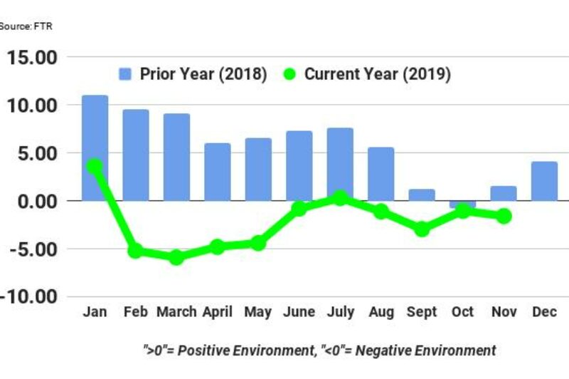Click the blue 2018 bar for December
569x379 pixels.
[x=544, y=181]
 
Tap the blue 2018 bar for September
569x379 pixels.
[x=422, y=194]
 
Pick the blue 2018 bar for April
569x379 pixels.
[x=217, y=172]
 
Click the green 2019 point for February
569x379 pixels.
[x=135, y=251]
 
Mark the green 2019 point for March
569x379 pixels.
[x=176, y=257]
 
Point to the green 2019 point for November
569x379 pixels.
[x=504, y=216]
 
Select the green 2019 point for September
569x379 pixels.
[x=422, y=229]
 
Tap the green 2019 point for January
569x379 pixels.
[x=95, y=166]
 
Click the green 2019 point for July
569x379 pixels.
[x=340, y=197]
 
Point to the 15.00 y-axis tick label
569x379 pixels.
[x=33, y=57]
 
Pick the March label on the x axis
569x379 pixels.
[x=176, y=313]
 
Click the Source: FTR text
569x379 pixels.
[x=26, y=26]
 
